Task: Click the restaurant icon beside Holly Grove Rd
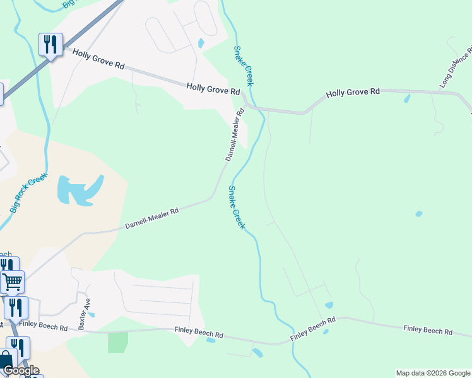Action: pos(50,44)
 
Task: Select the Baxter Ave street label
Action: pos(81,313)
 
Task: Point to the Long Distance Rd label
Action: pos(456,67)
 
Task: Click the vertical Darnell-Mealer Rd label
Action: pos(234,135)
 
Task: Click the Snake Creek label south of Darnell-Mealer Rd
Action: pos(236,207)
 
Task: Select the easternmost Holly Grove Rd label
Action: pos(353,92)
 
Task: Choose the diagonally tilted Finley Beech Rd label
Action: pos(312,329)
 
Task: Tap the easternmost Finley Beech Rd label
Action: pos(428,329)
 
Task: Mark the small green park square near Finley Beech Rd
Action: pos(117,342)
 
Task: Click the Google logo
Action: pos(21,370)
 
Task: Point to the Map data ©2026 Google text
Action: pos(432,373)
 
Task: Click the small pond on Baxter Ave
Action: pos(91,314)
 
